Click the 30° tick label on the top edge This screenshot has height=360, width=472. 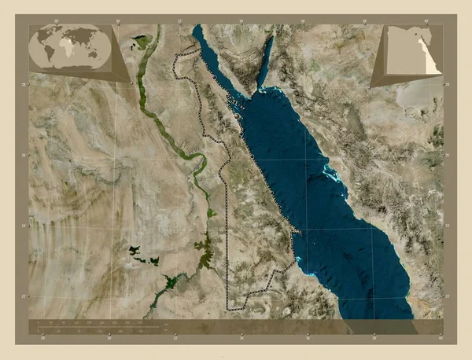tap(117, 19)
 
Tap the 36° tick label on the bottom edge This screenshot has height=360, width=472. tap(306, 337)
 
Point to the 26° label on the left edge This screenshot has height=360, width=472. tap(24, 155)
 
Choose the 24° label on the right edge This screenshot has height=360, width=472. tap(448, 226)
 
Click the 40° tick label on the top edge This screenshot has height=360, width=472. tap(426, 19)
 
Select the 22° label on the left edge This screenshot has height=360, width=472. tap(24, 296)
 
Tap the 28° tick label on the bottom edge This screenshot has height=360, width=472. tap(43, 337)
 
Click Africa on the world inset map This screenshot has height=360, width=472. tap(70, 50)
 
